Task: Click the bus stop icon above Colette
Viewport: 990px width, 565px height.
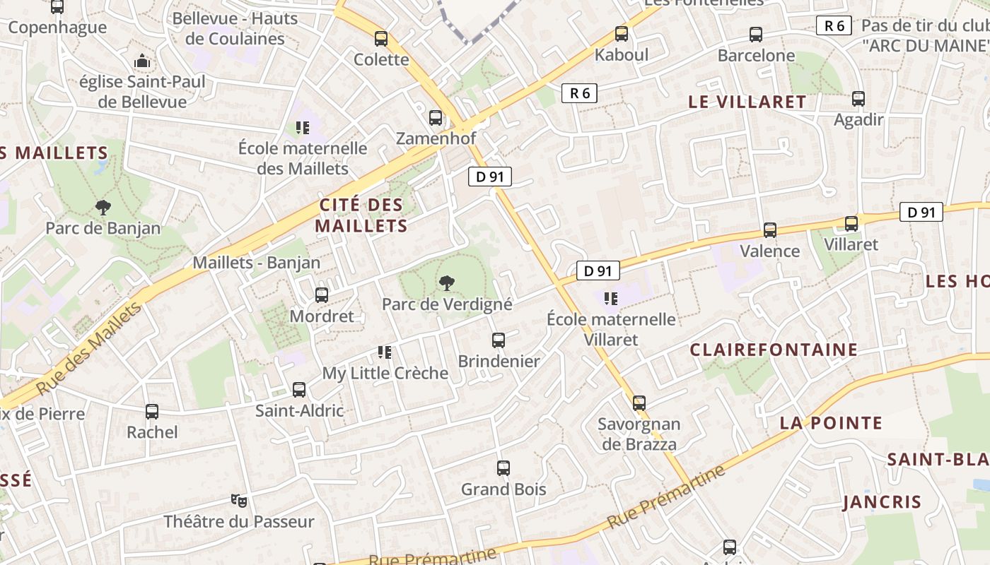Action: (x=381, y=39)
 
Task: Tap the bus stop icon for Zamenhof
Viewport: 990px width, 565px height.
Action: (x=436, y=118)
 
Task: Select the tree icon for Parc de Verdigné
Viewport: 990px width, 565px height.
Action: (x=446, y=283)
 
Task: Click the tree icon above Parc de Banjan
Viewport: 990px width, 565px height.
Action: (x=103, y=207)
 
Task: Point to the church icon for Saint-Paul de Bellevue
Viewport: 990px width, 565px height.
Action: (x=142, y=61)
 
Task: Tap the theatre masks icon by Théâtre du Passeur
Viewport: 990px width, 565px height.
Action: (x=239, y=501)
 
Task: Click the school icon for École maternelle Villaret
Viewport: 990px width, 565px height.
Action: (x=611, y=299)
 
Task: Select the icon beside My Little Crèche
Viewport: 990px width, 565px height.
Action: (x=385, y=352)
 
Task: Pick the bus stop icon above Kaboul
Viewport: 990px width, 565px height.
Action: (x=622, y=33)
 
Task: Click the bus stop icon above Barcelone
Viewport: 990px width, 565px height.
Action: (x=756, y=34)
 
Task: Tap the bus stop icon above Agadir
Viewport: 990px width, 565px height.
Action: (x=858, y=99)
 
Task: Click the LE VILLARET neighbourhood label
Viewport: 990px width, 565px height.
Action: (x=747, y=102)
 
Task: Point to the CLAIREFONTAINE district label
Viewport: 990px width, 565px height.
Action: (x=774, y=350)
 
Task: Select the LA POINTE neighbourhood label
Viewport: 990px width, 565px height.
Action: (x=831, y=423)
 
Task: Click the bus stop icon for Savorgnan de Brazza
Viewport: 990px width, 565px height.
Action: (x=639, y=403)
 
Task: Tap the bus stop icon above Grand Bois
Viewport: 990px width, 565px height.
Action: (x=503, y=468)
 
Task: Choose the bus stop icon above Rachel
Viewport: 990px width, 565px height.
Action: (x=152, y=411)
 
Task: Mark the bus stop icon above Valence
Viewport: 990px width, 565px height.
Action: (x=770, y=230)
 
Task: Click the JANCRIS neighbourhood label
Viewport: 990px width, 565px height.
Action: (x=882, y=502)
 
